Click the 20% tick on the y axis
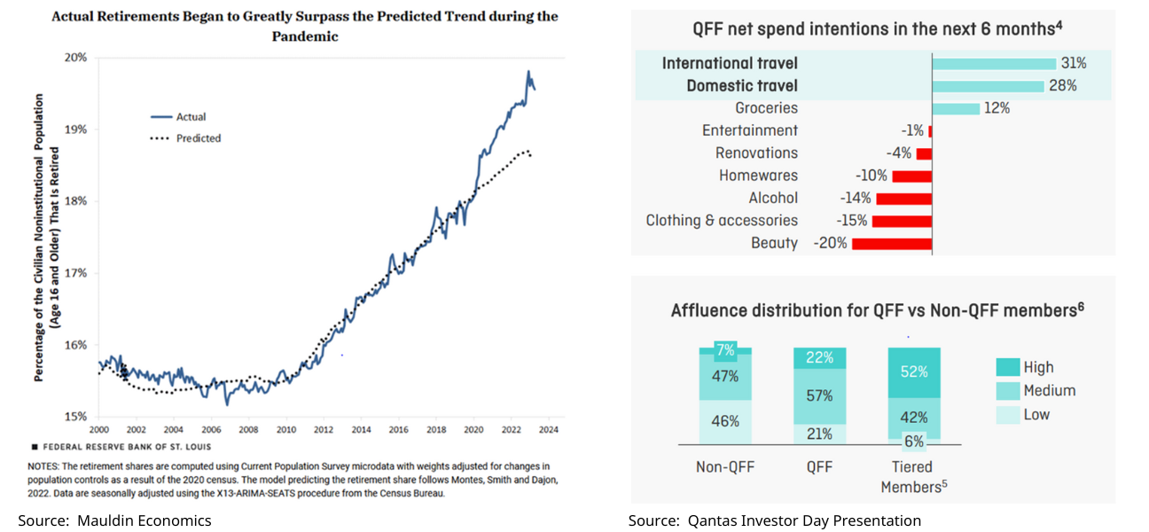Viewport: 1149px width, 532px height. [x=77, y=58]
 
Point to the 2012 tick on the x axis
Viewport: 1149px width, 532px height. [x=323, y=429]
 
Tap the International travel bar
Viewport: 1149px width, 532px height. [x=994, y=64]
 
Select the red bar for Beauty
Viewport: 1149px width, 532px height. [x=892, y=243]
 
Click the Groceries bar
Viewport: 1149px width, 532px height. [x=956, y=108]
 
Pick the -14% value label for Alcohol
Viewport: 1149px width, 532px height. [x=856, y=199]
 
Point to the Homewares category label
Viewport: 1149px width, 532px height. [x=758, y=176]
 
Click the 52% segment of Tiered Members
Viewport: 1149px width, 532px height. [x=914, y=372]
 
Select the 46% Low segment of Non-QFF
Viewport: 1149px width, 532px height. [x=725, y=421]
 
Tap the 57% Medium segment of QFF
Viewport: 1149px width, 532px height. [x=820, y=395]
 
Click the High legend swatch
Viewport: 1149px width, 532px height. [x=1008, y=367]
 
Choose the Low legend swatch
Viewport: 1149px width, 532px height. [x=1008, y=414]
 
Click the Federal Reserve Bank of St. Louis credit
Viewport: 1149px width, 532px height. [x=124, y=447]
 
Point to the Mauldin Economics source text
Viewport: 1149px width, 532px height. [x=115, y=520]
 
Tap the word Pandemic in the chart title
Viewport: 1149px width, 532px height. [x=304, y=36]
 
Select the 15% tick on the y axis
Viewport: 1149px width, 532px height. [x=77, y=416]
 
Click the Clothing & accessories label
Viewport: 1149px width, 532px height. [x=722, y=221]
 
